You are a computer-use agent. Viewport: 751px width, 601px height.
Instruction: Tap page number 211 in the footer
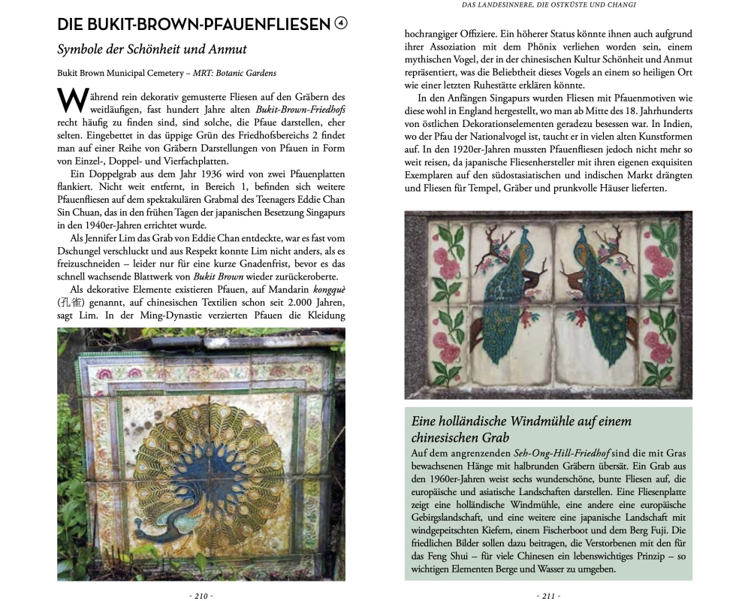pos(548,595)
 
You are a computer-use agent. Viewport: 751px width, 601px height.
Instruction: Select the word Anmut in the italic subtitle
pos(225,50)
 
